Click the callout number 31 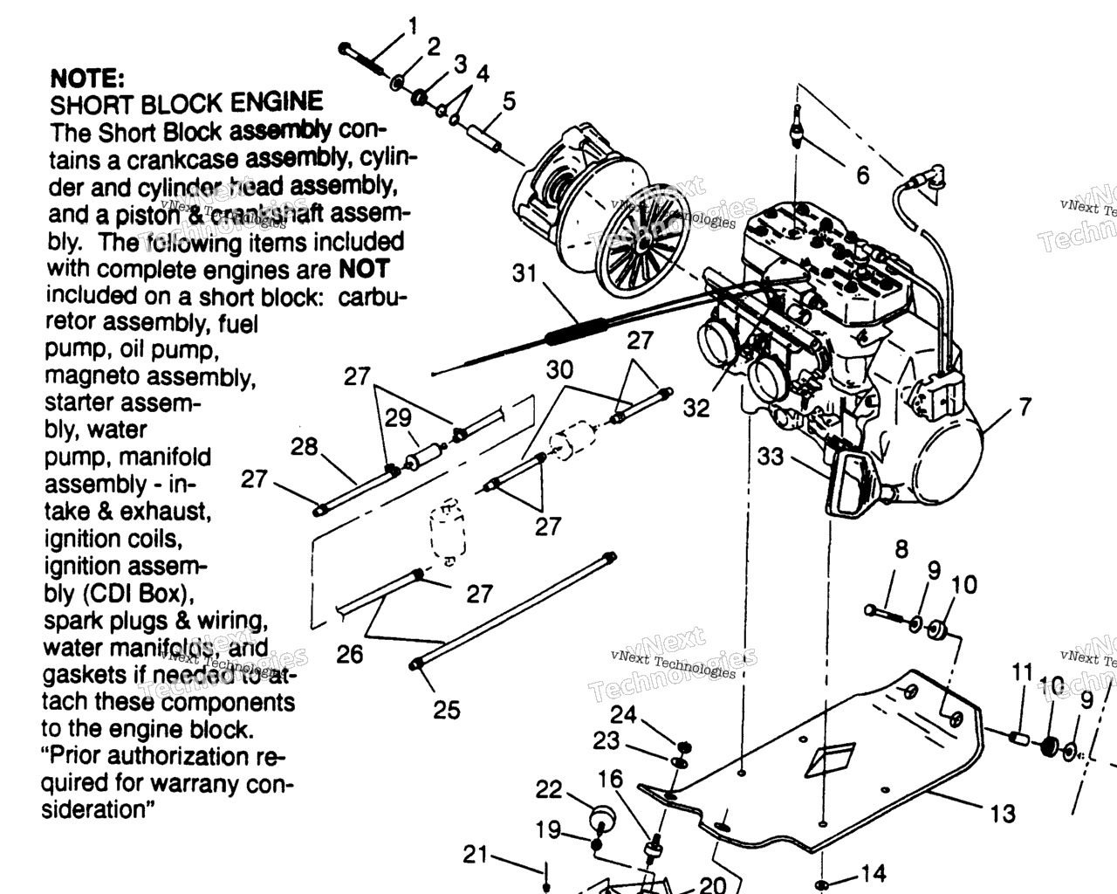click(524, 273)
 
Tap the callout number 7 click(1024, 406)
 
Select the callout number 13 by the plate click(1003, 814)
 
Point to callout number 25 click(446, 710)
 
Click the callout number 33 click(771, 456)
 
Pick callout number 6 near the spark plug click(862, 175)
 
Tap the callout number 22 click(549, 789)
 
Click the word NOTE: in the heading click(88, 78)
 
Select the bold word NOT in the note click(363, 269)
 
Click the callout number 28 click(304, 447)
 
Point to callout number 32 click(696, 408)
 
